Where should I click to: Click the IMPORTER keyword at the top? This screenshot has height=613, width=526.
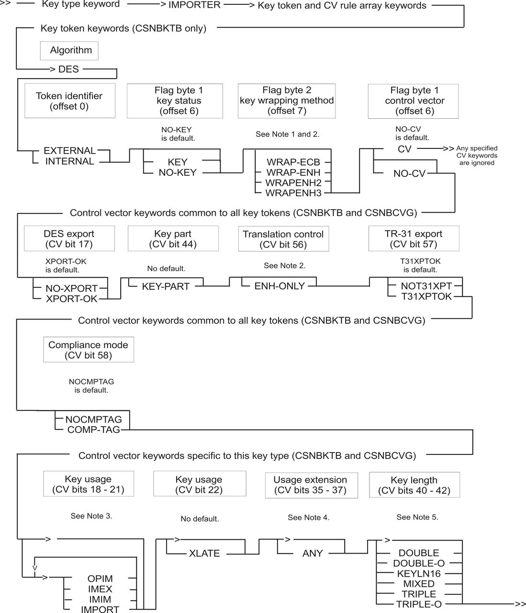tap(194, 5)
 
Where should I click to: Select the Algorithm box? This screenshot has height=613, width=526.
tap(69, 51)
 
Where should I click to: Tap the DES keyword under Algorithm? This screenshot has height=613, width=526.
tap(68, 69)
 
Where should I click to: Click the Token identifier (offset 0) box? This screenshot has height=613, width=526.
tap(70, 101)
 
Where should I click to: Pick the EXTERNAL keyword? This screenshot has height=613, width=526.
tap(70, 151)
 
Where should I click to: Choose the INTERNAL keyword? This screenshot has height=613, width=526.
tap(70, 161)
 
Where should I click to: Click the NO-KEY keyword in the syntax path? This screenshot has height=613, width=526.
tap(178, 172)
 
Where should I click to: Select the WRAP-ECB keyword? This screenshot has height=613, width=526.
tap(293, 162)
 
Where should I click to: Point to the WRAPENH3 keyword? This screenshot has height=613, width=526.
tap(293, 193)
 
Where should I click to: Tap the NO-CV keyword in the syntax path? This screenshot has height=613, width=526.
tap(409, 173)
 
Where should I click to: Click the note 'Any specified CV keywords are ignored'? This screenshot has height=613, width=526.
tap(477, 155)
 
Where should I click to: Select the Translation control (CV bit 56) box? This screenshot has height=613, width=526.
tap(284, 239)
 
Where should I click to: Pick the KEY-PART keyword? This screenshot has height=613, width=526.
tap(166, 286)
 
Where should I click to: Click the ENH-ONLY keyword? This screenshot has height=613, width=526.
tap(280, 286)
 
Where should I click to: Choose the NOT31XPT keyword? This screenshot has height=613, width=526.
tap(426, 286)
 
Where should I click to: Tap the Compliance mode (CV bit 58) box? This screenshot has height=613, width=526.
tap(89, 349)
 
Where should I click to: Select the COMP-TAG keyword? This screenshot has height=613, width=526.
tap(94, 430)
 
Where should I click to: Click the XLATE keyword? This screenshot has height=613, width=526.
tap(204, 554)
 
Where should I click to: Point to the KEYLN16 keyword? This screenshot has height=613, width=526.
tap(419, 574)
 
